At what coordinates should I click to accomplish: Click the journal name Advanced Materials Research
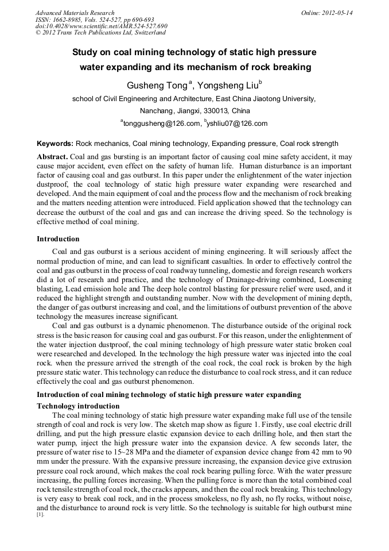(x=75, y=13)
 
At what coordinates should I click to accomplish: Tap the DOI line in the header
(x=101, y=26)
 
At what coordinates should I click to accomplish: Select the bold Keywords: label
(x=55, y=144)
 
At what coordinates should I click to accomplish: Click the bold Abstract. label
(x=53, y=157)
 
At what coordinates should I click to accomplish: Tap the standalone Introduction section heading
(x=58, y=238)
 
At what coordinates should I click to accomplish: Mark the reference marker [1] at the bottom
(x=40, y=515)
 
